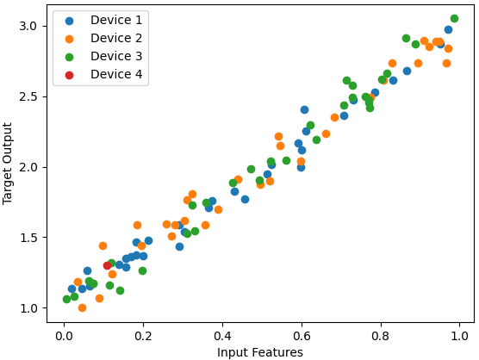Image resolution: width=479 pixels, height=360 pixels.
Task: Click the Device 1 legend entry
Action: click(100, 21)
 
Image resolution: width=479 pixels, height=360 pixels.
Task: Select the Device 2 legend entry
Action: click(100, 39)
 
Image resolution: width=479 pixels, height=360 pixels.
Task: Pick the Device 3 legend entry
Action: click(100, 57)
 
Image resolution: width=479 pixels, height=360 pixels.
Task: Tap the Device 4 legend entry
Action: click(100, 75)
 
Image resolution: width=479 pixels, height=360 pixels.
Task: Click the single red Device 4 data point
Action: click(107, 265)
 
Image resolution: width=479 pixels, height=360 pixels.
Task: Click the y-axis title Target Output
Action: click(9, 163)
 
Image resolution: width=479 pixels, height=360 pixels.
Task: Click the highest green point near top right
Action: click(454, 18)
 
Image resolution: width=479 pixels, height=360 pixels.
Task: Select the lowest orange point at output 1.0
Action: click(82, 307)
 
